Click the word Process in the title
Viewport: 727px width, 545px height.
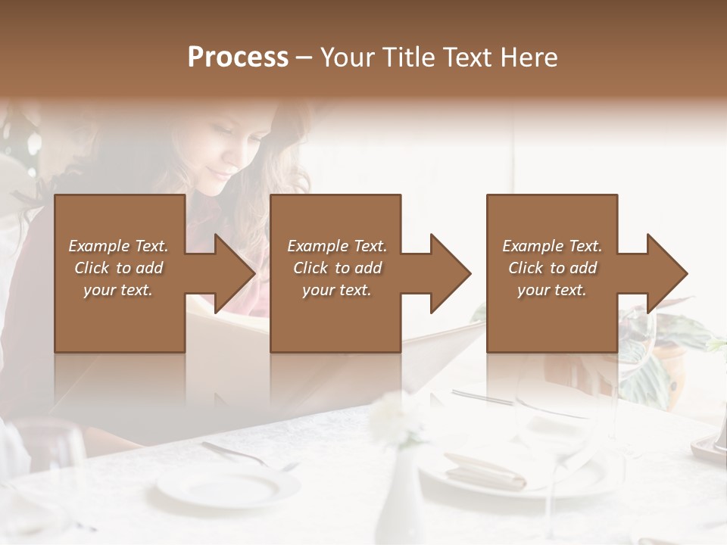click(x=238, y=58)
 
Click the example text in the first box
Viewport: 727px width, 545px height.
click(x=118, y=268)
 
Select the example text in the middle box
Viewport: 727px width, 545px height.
click(x=337, y=268)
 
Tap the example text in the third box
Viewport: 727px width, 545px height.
click(x=552, y=268)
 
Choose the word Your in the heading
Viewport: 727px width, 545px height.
click(x=346, y=58)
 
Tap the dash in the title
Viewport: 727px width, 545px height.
click(x=304, y=58)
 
